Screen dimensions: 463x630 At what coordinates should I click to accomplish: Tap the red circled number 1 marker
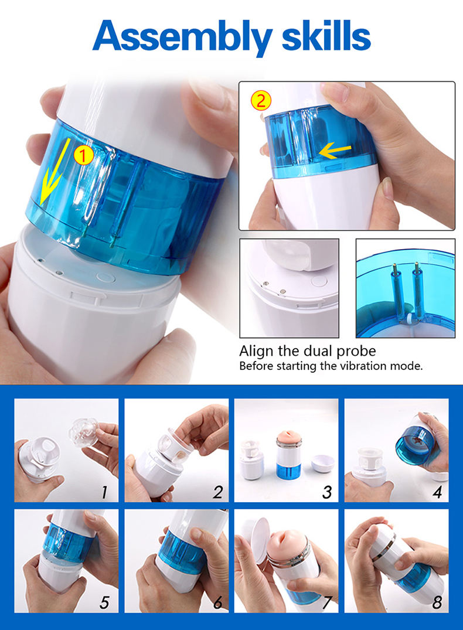(x=83, y=155)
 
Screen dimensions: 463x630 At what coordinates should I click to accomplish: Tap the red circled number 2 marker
(x=261, y=100)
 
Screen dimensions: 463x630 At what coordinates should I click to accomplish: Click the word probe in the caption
(x=356, y=351)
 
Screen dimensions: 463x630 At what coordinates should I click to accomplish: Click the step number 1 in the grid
(x=104, y=492)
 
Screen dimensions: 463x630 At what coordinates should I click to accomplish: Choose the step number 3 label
(x=327, y=492)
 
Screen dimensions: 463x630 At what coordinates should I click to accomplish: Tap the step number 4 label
(x=437, y=492)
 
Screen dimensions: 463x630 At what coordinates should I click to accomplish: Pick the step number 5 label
(x=104, y=602)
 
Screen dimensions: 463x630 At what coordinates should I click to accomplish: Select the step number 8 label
(x=437, y=602)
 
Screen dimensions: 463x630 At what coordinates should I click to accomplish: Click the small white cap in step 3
(x=323, y=463)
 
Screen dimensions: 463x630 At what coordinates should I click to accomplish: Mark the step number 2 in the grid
(x=218, y=492)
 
